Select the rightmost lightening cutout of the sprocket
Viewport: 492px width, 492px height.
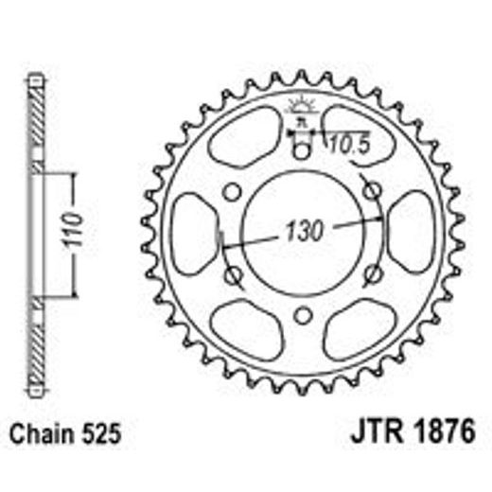coord(411,233)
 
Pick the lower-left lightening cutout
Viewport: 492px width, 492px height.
coord(244,327)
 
